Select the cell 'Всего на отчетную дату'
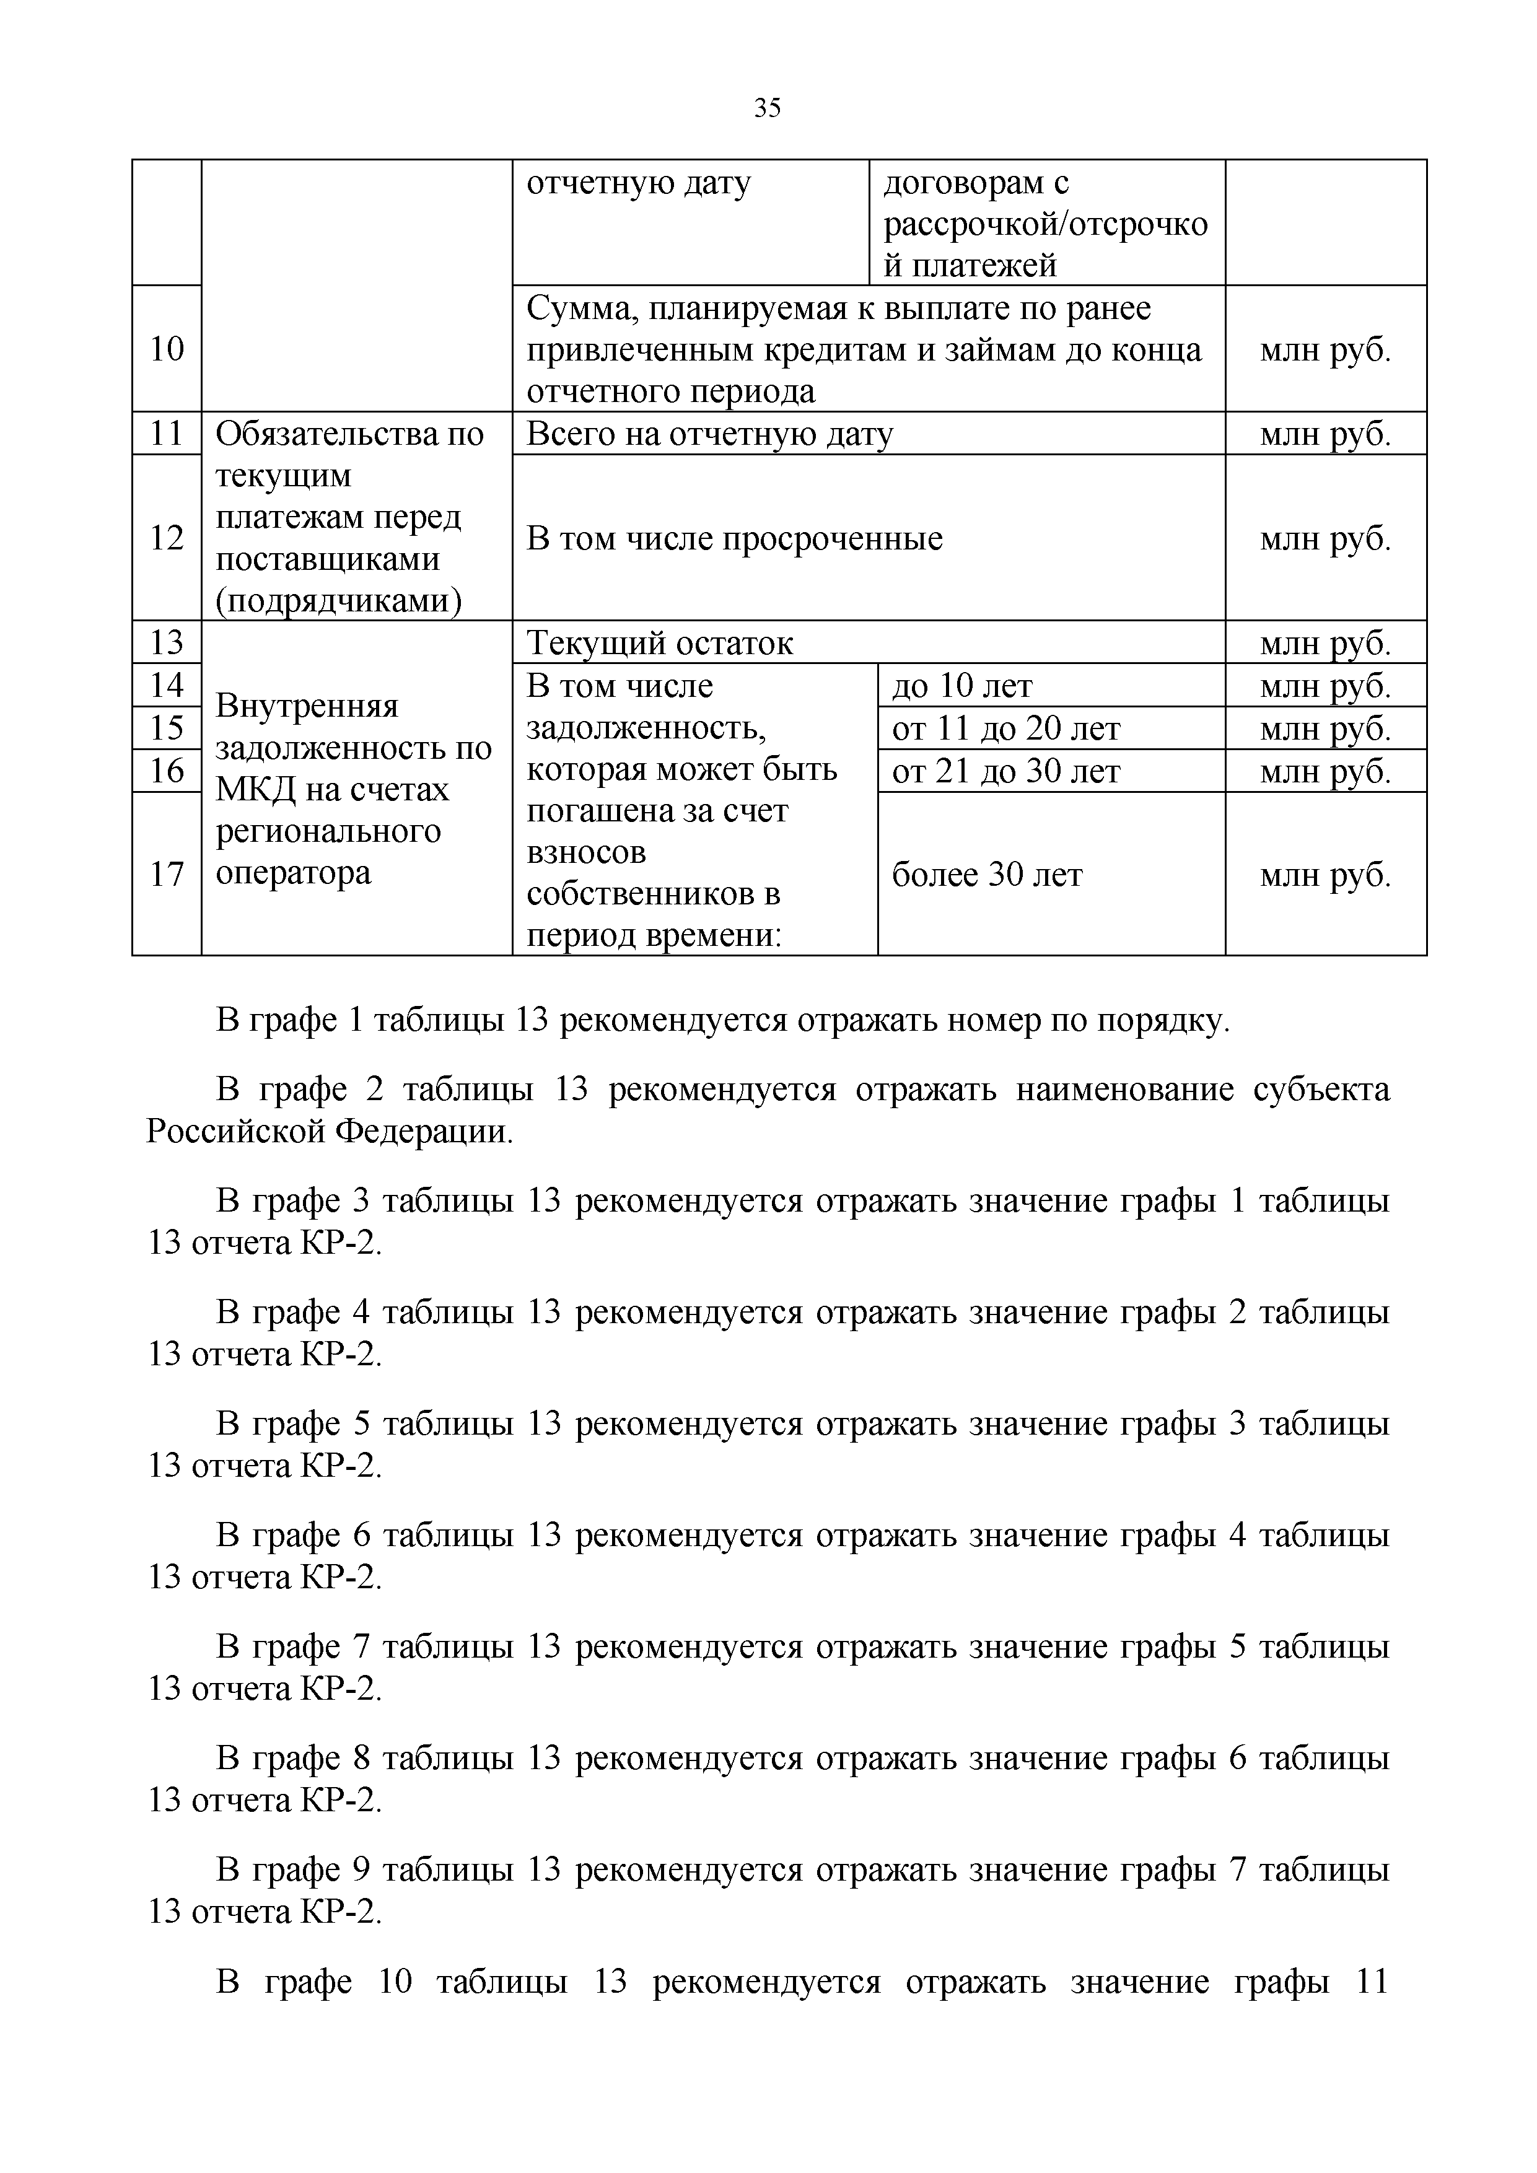point(709,434)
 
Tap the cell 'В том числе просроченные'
point(735,538)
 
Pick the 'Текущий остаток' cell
point(660,644)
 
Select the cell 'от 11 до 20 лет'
point(1005,728)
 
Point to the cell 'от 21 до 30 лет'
point(1005,771)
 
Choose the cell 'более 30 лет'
point(986,875)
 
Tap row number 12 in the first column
point(167,538)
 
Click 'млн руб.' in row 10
point(1325,350)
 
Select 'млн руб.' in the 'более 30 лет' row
point(1325,875)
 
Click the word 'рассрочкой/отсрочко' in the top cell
point(1045,224)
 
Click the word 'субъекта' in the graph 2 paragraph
point(1321,1090)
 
